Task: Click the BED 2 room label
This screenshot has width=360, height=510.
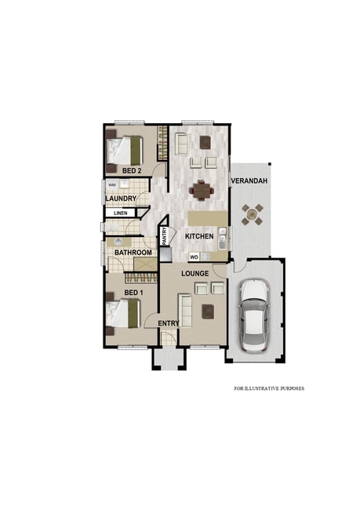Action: point(132,171)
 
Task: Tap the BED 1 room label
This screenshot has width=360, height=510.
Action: point(133,293)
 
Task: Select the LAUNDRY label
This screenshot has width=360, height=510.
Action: point(121,199)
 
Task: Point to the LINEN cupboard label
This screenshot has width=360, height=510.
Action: point(120,213)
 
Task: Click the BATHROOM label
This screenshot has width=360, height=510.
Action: point(133,253)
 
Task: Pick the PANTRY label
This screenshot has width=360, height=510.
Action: point(165,236)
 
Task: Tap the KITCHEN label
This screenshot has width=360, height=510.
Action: point(199,236)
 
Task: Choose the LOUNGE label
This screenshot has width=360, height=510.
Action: point(195,274)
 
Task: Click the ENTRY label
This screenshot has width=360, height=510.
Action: point(169,323)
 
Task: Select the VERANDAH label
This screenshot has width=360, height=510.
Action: point(249,180)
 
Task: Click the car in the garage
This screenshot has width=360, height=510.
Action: point(254,315)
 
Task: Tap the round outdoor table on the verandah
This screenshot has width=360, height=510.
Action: point(252,214)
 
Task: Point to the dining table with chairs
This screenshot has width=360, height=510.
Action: point(202,190)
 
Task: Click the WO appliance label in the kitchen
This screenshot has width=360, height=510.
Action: point(194,257)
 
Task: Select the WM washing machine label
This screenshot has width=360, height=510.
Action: point(112,184)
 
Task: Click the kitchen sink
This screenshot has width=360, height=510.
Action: point(223,239)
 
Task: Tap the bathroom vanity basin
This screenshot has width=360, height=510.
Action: point(118,242)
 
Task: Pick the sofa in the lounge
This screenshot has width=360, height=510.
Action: point(185,311)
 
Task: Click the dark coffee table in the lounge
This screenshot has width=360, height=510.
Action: point(208,311)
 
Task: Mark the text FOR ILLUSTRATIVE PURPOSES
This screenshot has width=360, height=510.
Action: point(269,388)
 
